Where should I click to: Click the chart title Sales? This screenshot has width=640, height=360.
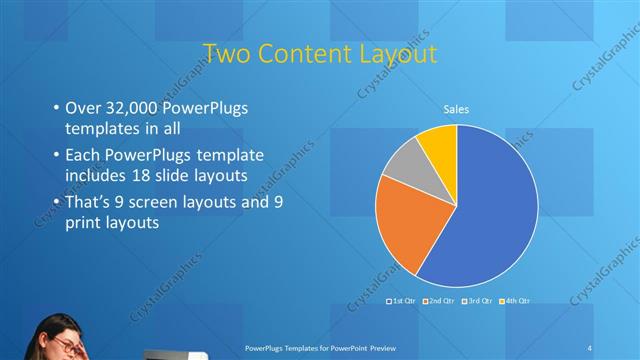(x=456, y=109)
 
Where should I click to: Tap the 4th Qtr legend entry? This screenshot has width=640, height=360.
(x=515, y=301)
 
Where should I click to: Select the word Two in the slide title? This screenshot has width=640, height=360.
(x=225, y=52)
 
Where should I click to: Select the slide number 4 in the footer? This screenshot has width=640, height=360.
(x=590, y=347)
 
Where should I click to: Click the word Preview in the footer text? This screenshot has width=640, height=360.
(x=374, y=347)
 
